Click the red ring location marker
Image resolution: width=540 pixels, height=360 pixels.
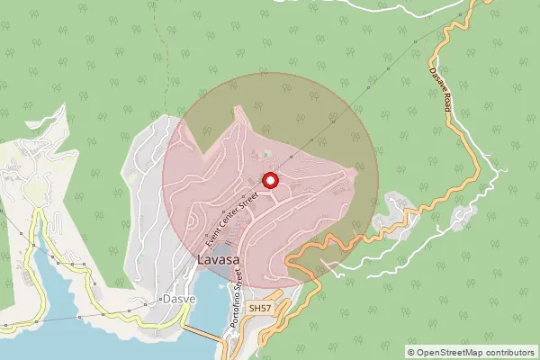coord(269,181)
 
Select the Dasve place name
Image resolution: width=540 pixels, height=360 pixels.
coord(177,299)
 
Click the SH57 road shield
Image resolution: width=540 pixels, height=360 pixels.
coord(259,309)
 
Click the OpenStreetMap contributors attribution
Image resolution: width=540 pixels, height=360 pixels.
coord(471,352)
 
